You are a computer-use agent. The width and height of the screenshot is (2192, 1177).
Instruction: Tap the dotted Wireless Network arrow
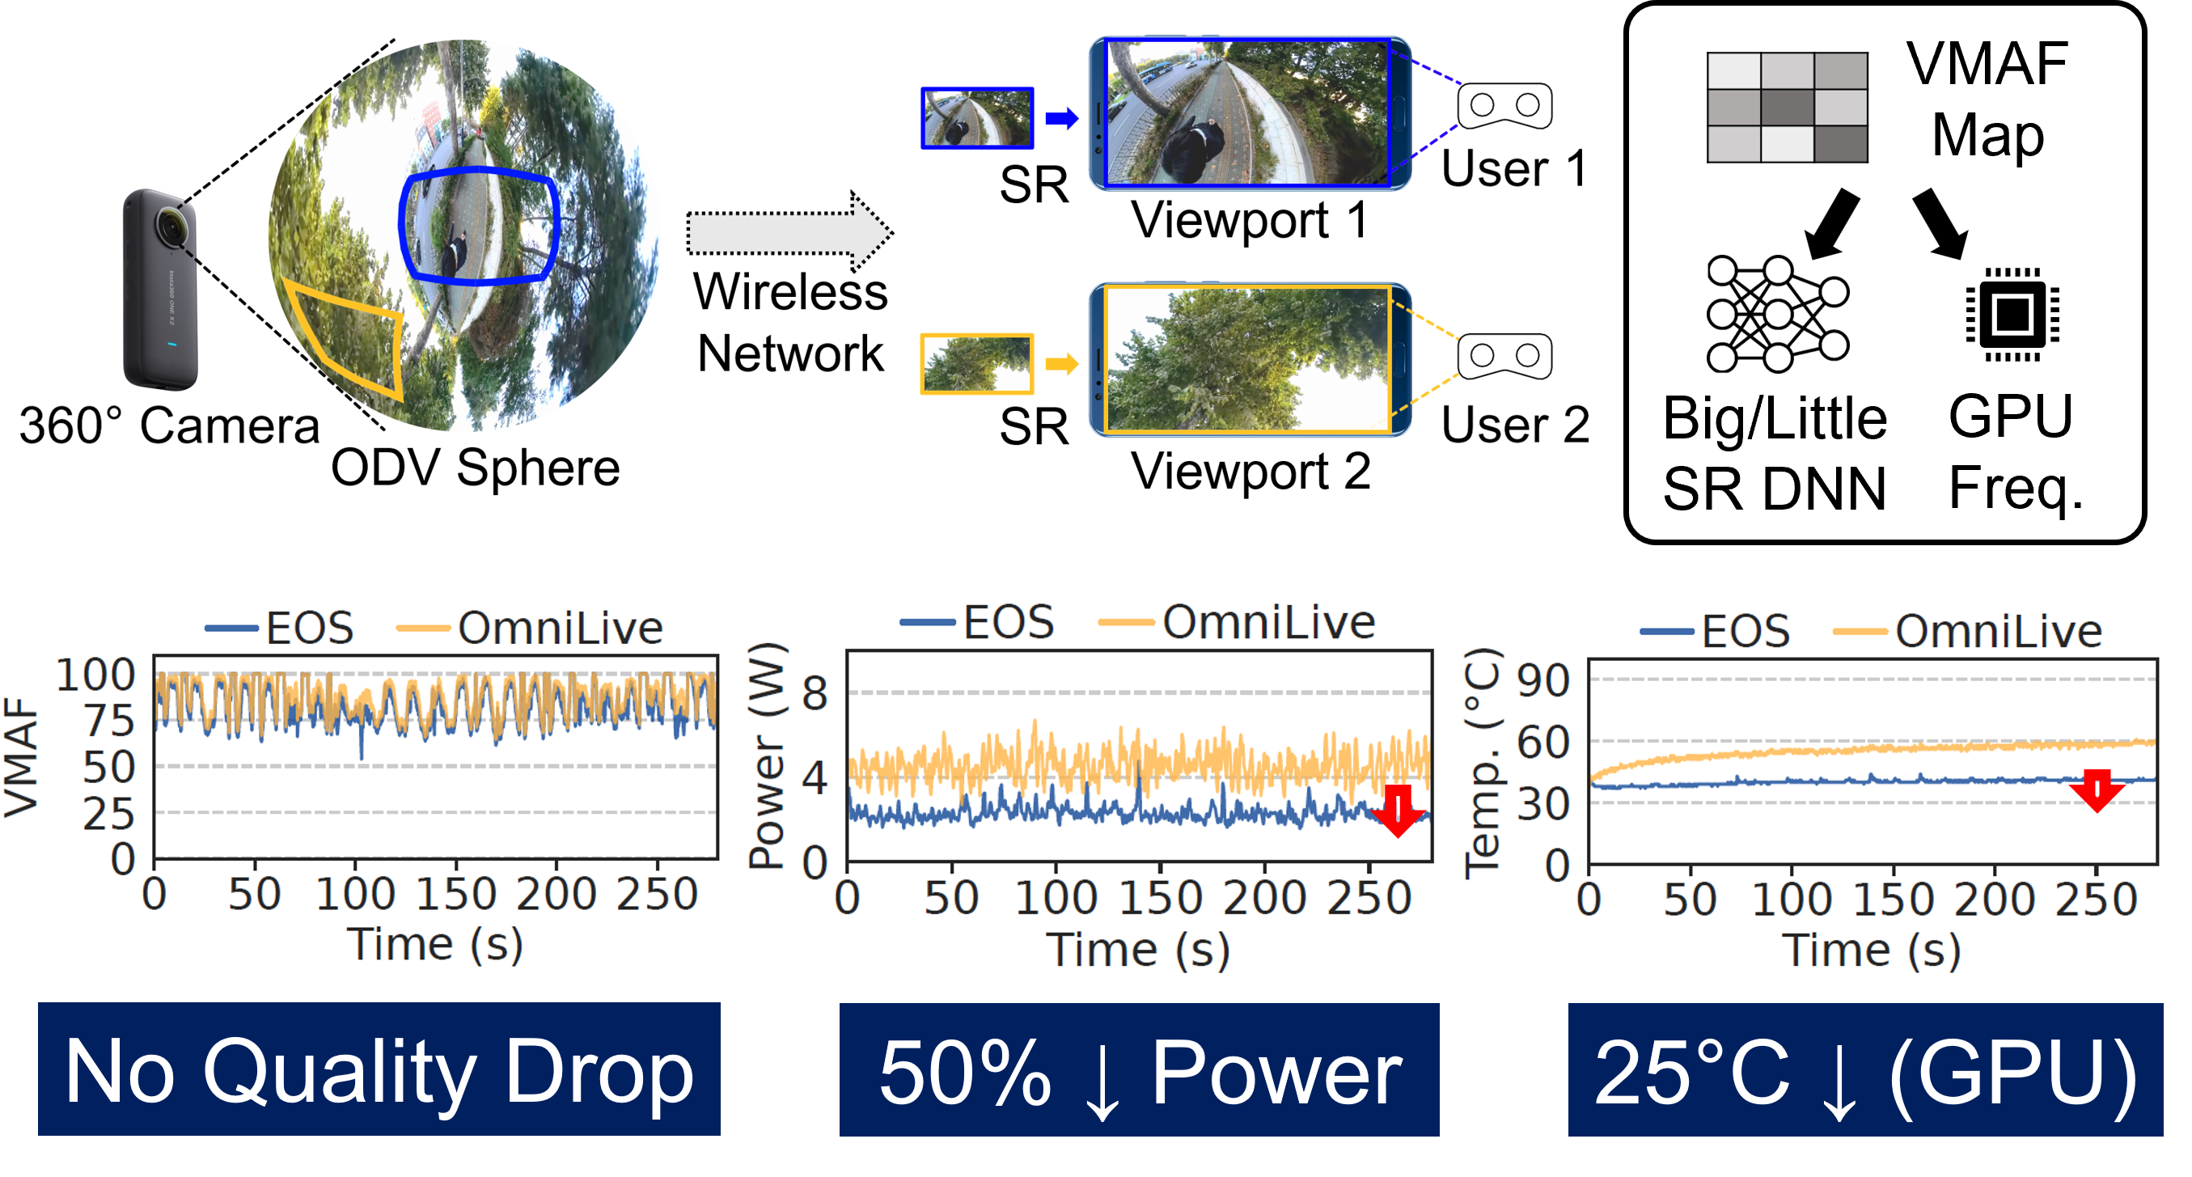point(789,231)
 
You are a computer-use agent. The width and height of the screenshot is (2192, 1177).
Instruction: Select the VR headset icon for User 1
point(1504,105)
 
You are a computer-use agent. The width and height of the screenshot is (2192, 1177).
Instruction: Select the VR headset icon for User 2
point(1504,356)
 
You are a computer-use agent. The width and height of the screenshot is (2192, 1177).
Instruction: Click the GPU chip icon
point(2012,315)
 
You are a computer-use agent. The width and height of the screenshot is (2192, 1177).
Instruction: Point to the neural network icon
point(1777,314)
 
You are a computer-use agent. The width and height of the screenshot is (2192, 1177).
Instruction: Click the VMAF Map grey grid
point(1787,108)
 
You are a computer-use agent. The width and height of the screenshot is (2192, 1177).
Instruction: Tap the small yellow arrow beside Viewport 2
point(1061,364)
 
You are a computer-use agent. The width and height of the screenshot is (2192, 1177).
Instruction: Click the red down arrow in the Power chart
point(1398,811)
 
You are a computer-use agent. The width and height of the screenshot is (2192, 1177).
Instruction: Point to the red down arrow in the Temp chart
point(2097,790)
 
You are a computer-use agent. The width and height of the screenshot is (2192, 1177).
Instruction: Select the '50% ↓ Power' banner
point(1139,1069)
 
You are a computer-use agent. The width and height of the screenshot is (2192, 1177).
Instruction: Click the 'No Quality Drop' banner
point(379,1069)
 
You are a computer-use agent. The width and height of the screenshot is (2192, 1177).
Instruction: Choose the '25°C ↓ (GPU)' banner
point(1865,1069)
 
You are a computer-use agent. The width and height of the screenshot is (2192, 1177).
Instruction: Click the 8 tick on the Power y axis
point(815,692)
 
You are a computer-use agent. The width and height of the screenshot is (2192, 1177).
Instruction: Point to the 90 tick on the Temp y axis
point(1542,680)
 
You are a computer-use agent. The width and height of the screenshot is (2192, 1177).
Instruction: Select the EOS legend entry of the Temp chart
point(1715,632)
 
